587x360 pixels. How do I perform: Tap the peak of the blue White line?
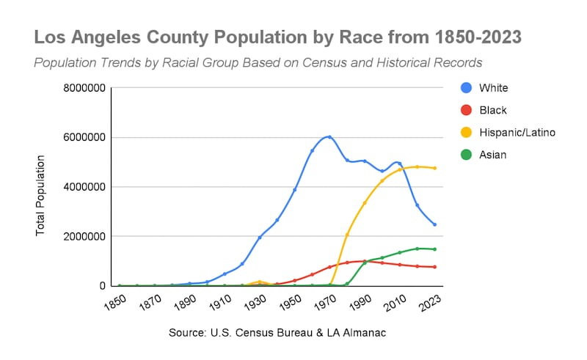click(329, 136)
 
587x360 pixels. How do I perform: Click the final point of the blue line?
click(435, 224)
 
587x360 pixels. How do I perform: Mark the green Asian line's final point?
click(435, 249)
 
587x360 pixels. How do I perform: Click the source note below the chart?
click(277, 333)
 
